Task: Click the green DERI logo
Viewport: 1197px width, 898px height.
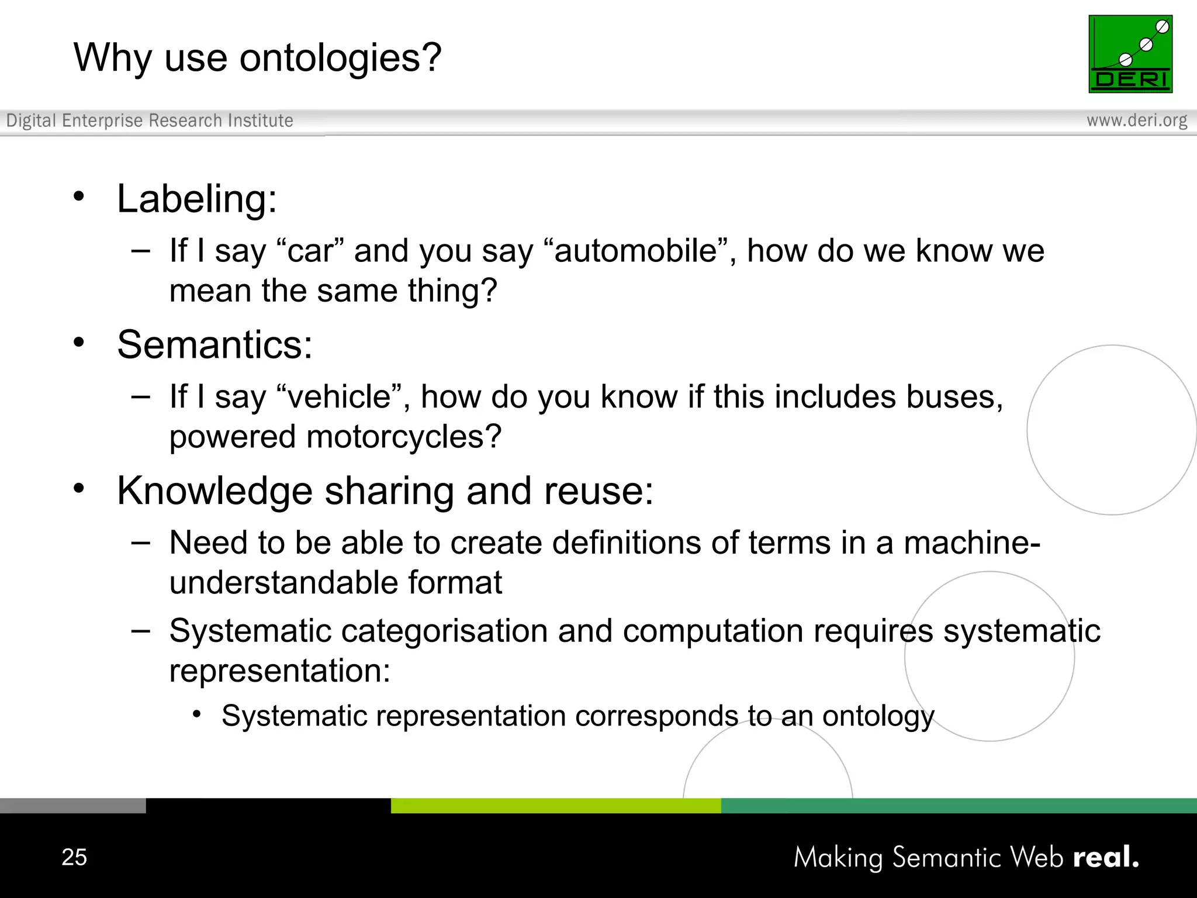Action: click(x=1130, y=54)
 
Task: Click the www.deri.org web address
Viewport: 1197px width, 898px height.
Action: click(x=1137, y=120)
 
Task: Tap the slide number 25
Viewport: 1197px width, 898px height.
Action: click(x=74, y=857)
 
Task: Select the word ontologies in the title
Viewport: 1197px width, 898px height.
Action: click(x=340, y=58)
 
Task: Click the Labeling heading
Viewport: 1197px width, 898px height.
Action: click(x=196, y=199)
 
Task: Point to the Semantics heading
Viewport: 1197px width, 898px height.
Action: click(x=215, y=344)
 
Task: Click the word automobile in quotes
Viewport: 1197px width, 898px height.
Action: click(x=635, y=251)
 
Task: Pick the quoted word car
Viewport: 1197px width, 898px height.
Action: click(x=312, y=251)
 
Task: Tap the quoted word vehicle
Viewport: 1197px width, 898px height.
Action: click(x=339, y=397)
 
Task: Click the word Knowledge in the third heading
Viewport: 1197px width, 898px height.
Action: click(x=215, y=491)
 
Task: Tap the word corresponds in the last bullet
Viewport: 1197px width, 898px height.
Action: click(x=656, y=716)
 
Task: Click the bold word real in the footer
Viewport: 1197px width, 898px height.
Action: click(x=1105, y=857)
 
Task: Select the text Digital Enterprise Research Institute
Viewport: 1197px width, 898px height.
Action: click(x=150, y=120)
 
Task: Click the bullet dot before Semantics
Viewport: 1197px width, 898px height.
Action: click(x=79, y=342)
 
